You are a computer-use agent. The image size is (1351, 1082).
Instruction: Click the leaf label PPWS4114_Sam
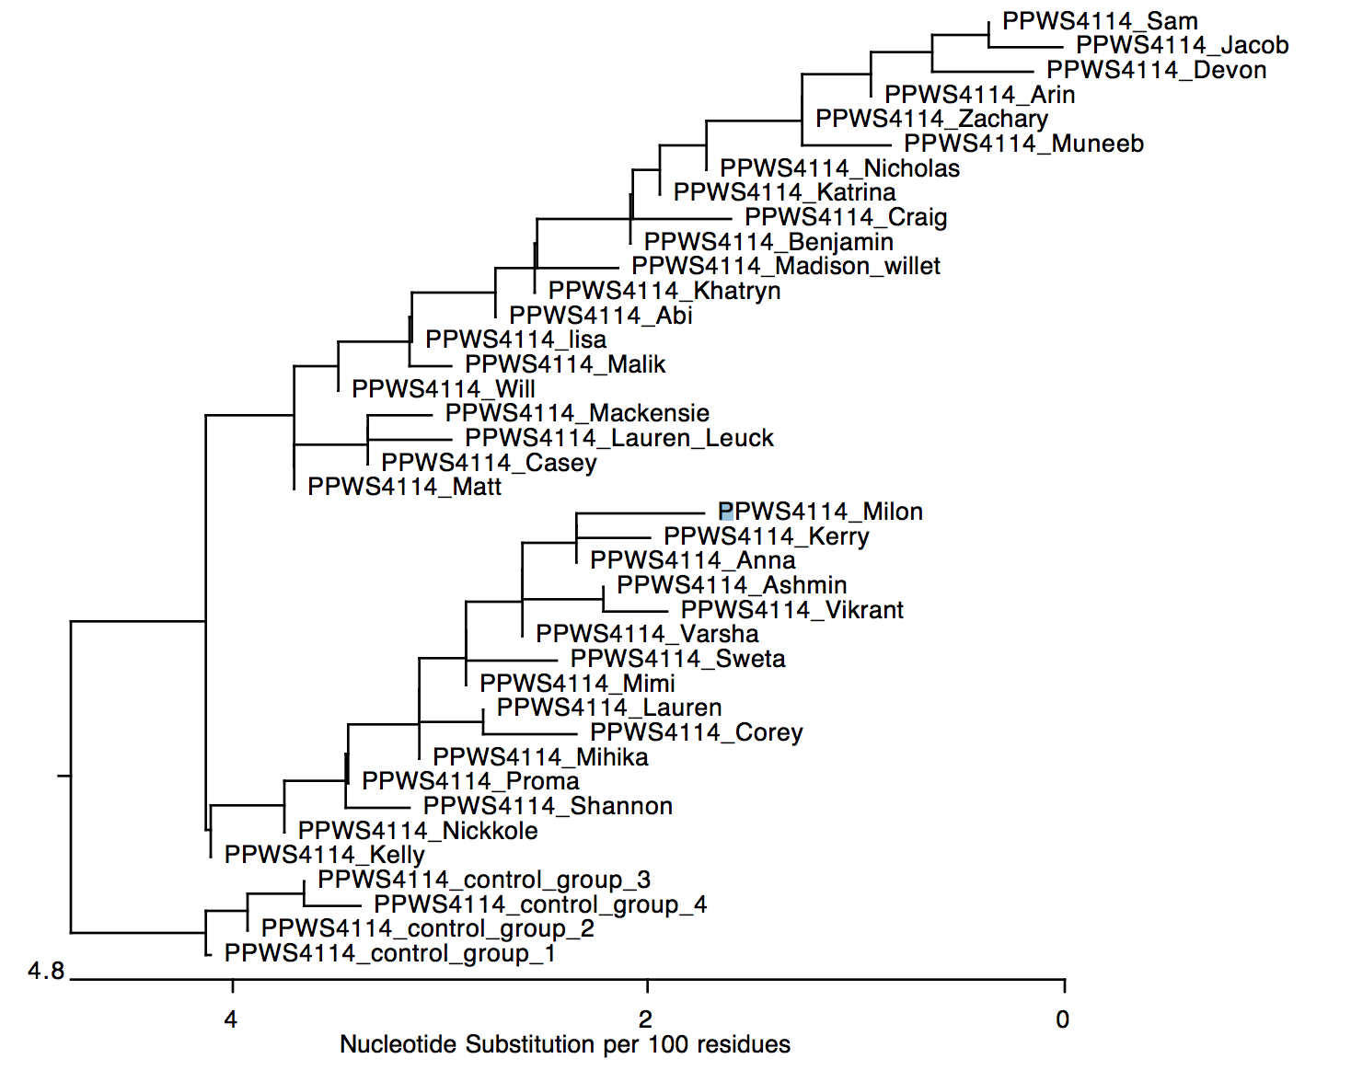(x=1100, y=21)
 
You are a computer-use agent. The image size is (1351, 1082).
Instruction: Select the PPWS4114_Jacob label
(x=1182, y=45)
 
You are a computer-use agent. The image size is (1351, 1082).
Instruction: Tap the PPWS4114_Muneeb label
(x=1023, y=144)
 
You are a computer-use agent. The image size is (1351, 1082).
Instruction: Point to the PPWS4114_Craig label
(x=846, y=217)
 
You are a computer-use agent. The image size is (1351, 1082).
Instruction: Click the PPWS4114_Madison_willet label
(x=785, y=266)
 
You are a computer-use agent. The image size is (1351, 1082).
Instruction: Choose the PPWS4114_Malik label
(x=565, y=364)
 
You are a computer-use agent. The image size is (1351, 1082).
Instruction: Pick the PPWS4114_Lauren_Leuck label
(x=618, y=438)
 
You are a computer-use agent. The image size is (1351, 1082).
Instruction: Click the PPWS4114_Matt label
(x=404, y=487)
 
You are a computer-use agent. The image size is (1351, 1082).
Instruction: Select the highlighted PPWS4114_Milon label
(x=820, y=512)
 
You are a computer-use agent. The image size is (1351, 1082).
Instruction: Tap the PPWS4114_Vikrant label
(x=791, y=610)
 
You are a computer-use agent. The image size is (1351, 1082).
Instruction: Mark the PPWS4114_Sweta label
(x=677, y=659)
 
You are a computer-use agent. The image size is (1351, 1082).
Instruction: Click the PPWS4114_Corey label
(x=696, y=732)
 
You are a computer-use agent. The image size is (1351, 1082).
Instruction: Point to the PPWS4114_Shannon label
(x=548, y=806)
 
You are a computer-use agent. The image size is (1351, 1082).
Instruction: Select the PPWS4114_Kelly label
(x=324, y=855)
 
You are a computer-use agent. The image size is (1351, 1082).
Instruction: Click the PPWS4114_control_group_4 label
(x=540, y=904)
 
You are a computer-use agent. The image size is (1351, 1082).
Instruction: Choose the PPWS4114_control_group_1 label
(x=390, y=953)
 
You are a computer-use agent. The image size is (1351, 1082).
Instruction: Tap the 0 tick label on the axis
(x=1063, y=1019)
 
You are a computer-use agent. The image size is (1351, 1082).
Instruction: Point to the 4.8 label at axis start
(x=46, y=972)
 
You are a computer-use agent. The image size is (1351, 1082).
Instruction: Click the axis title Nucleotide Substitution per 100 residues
(x=565, y=1044)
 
